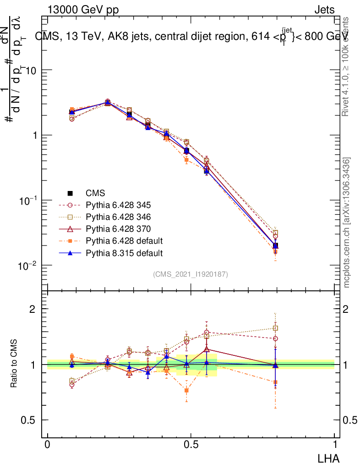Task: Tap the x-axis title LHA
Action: coord(328,458)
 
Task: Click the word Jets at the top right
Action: coord(324,10)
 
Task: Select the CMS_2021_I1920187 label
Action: coord(191,274)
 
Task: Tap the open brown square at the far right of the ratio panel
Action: coord(275,328)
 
